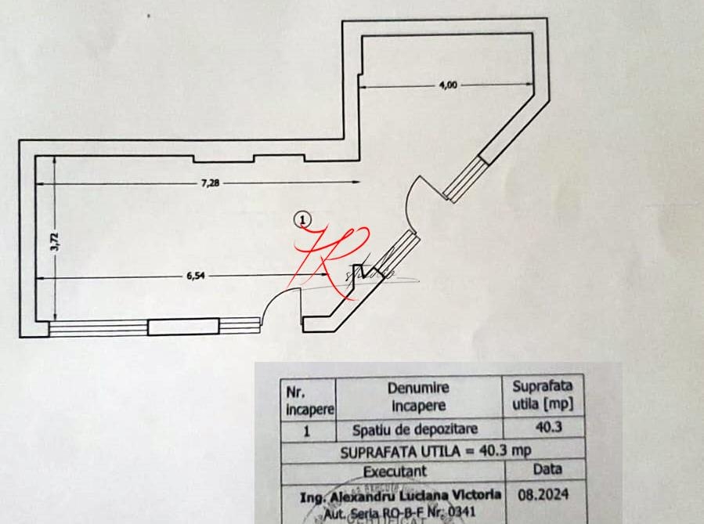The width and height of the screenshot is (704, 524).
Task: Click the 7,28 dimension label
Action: pyautogui.click(x=209, y=183)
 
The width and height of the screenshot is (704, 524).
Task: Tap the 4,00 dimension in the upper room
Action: pyautogui.click(x=447, y=85)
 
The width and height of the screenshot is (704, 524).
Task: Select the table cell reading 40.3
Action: pyautogui.click(x=542, y=428)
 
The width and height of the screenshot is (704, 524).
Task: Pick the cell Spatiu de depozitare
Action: pyautogui.click(x=415, y=429)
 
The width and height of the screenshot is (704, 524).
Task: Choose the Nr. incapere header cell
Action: pyautogui.click(x=308, y=399)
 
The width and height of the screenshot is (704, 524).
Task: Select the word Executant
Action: pyautogui.click(x=395, y=472)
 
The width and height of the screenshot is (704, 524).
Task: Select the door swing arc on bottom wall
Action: pyautogui.click(x=279, y=305)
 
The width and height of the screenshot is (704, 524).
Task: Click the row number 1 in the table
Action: pyautogui.click(x=307, y=429)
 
